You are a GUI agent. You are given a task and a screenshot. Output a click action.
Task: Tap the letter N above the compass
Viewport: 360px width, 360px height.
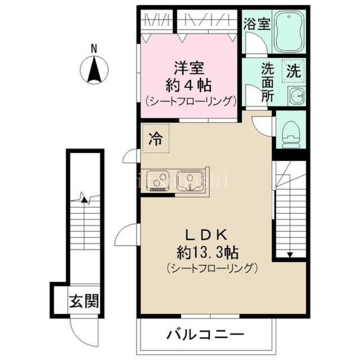tap(94, 48)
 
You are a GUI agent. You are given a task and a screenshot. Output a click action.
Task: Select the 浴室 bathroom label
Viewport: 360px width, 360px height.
tap(257, 24)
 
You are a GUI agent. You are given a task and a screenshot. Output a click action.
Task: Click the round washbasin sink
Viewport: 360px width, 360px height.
tap(296, 96)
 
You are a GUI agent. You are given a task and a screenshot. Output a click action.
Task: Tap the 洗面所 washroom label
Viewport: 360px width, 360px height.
tap(267, 83)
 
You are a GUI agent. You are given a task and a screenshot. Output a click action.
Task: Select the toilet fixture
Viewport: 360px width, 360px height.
tap(291, 133)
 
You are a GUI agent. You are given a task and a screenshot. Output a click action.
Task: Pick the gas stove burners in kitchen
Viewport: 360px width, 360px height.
tap(157, 180)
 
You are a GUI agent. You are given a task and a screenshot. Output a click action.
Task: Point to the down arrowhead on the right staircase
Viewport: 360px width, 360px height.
tap(290, 255)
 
